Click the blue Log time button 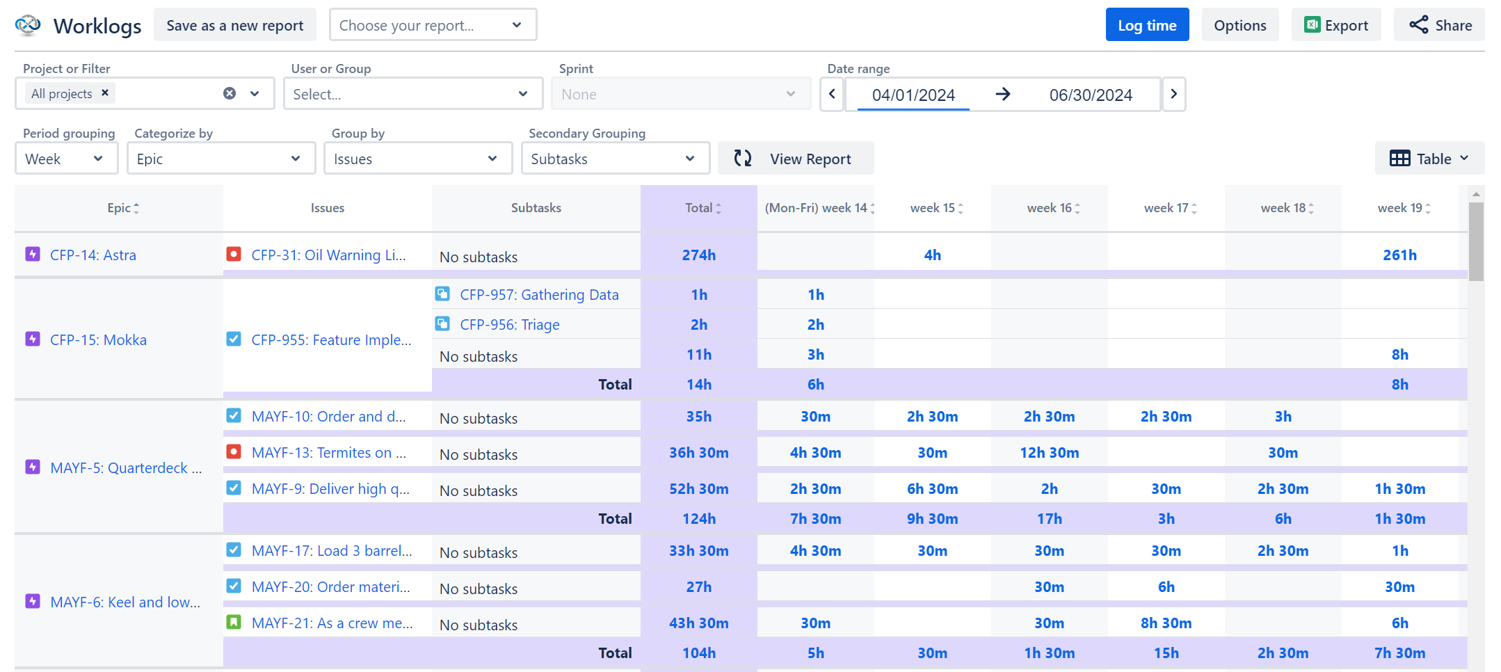1146,25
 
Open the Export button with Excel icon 1335,25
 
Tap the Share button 1439,25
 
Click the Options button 1239,25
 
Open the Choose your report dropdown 432,25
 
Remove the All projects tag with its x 105,93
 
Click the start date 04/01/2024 913,95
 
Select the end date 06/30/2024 1090,95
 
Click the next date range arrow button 1173,94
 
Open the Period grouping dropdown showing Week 66,159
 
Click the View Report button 795,159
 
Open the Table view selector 1429,159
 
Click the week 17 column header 1166,208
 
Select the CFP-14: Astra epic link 93,255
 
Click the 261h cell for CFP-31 1399,255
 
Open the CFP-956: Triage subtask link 509,324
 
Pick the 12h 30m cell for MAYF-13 1049,452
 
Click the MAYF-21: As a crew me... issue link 332,623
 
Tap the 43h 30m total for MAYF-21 698,623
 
